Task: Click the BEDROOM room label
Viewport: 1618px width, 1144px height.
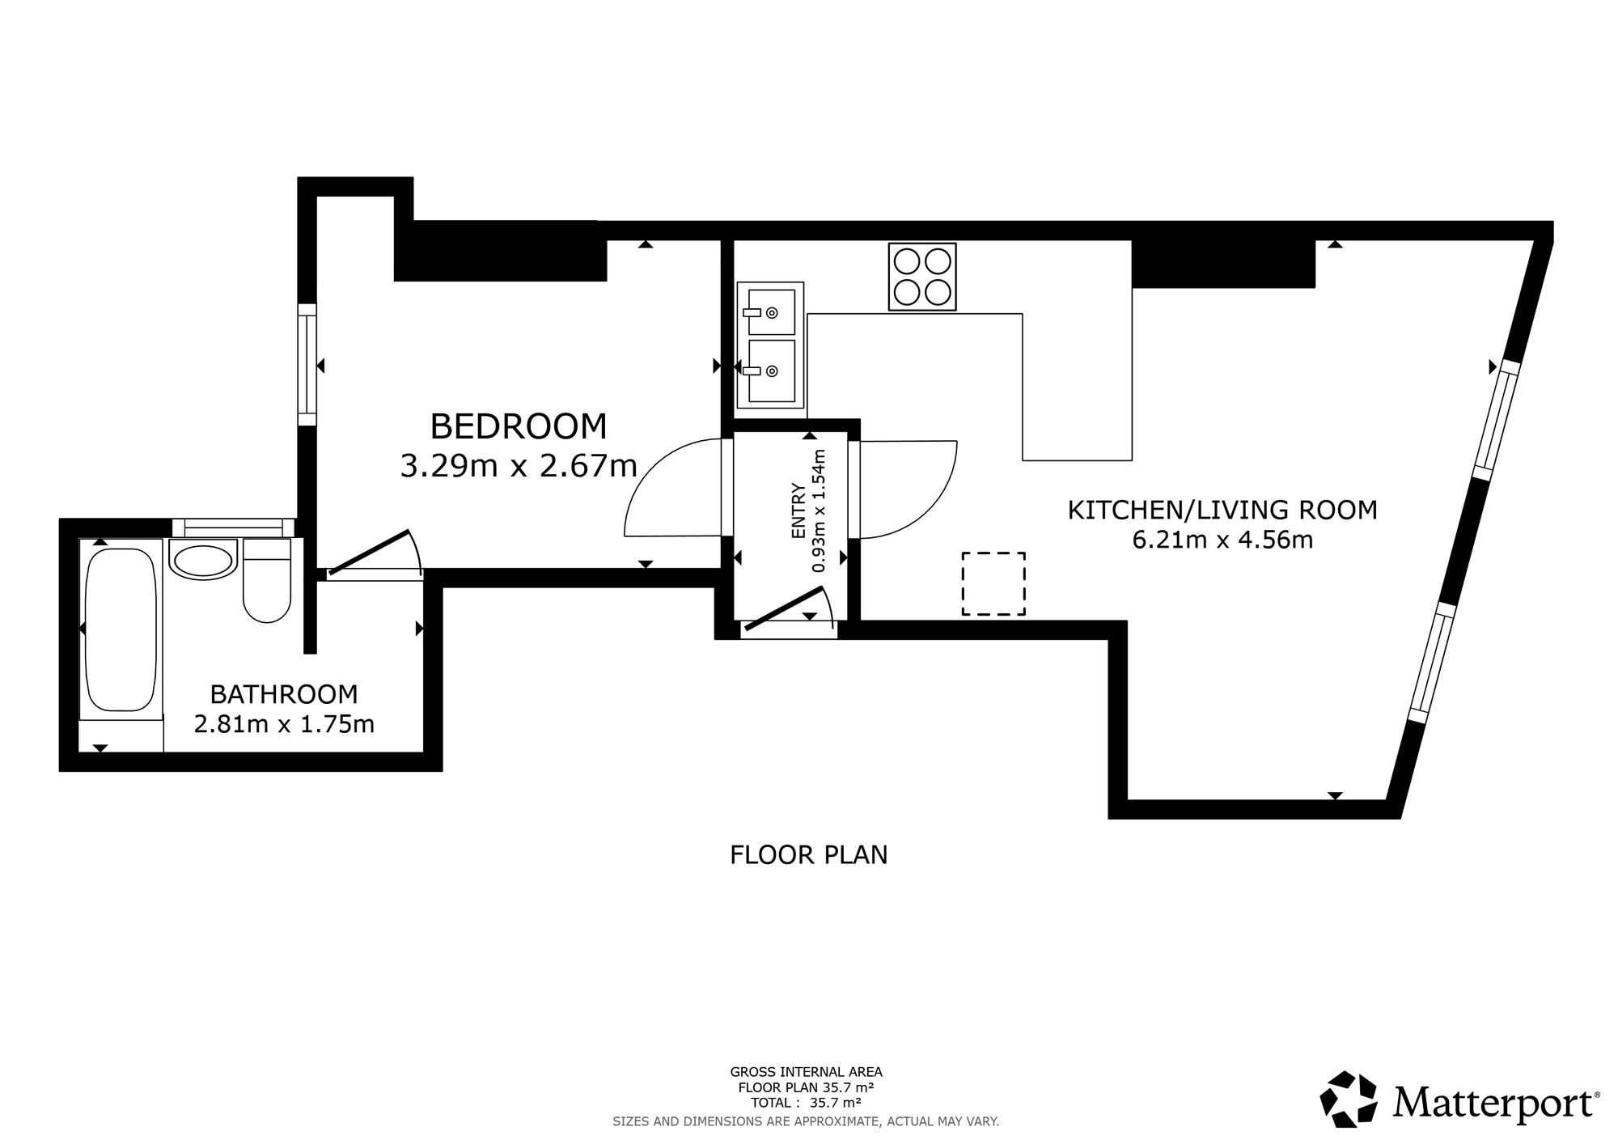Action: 518,426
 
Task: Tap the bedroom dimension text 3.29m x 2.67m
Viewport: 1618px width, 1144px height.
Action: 519,466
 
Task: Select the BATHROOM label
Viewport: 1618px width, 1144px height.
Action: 284,694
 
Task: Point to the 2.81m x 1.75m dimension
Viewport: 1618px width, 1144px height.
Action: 284,723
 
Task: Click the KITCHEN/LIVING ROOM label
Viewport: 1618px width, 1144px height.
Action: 1222,511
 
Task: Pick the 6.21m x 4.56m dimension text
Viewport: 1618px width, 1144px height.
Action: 1222,540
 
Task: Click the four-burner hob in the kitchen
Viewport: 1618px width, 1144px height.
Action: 922,277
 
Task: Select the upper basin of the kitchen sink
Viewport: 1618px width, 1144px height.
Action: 771,311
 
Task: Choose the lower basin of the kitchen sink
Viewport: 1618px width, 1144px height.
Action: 771,371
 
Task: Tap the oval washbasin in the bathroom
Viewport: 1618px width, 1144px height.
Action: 203,561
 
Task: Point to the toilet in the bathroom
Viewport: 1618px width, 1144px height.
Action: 267,581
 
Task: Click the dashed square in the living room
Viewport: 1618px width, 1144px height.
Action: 993,583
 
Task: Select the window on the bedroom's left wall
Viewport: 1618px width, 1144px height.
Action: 307,364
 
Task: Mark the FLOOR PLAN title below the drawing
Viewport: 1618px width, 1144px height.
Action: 809,855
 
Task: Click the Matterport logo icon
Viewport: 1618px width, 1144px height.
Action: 1349,1099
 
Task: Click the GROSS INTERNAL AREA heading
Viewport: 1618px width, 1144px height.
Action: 807,1073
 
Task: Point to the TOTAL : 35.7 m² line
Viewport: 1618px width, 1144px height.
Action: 806,1102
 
